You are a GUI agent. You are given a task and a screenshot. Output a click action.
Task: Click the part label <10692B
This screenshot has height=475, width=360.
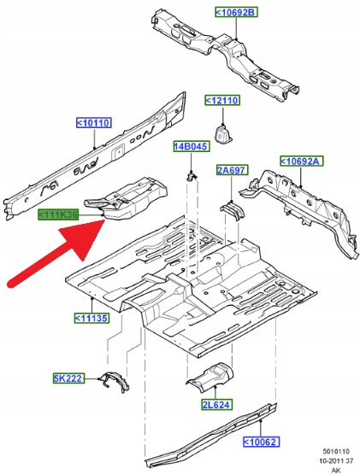tap(236, 13)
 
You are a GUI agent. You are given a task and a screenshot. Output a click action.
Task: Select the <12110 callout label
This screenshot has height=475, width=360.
tap(222, 100)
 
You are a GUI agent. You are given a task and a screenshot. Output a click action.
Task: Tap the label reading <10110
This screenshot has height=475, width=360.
tap(94, 123)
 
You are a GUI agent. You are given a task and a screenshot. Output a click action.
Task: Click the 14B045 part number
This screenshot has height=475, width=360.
tap(192, 147)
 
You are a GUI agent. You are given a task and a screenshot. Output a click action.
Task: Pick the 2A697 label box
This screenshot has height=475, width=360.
tap(232, 170)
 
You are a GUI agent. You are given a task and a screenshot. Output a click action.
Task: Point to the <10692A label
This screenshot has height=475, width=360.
tap(301, 161)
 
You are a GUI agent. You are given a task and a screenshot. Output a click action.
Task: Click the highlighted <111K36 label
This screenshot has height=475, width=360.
tap(58, 214)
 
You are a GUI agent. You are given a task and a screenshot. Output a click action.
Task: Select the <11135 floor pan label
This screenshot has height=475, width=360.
tap(91, 318)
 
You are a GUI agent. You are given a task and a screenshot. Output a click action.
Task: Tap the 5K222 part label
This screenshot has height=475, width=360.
tap(68, 378)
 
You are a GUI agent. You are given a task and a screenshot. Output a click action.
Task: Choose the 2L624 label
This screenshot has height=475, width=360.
tap(217, 404)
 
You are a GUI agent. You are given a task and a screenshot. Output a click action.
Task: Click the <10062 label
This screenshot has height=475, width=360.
tap(261, 442)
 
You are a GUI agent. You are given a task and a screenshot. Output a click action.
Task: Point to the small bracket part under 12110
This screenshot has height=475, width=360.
tap(223, 133)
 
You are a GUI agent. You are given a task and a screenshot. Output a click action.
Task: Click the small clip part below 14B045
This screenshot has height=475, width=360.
tap(192, 176)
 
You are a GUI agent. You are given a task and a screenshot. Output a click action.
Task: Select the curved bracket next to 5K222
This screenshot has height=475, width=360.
tap(115, 382)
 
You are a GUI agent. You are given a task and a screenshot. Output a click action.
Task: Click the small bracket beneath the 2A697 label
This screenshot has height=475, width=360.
tap(233, 211)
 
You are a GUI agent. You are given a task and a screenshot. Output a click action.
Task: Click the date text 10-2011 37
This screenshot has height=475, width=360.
tap(336, 460)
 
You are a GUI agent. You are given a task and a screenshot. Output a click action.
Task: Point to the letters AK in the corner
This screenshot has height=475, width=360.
tap(336, 470)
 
